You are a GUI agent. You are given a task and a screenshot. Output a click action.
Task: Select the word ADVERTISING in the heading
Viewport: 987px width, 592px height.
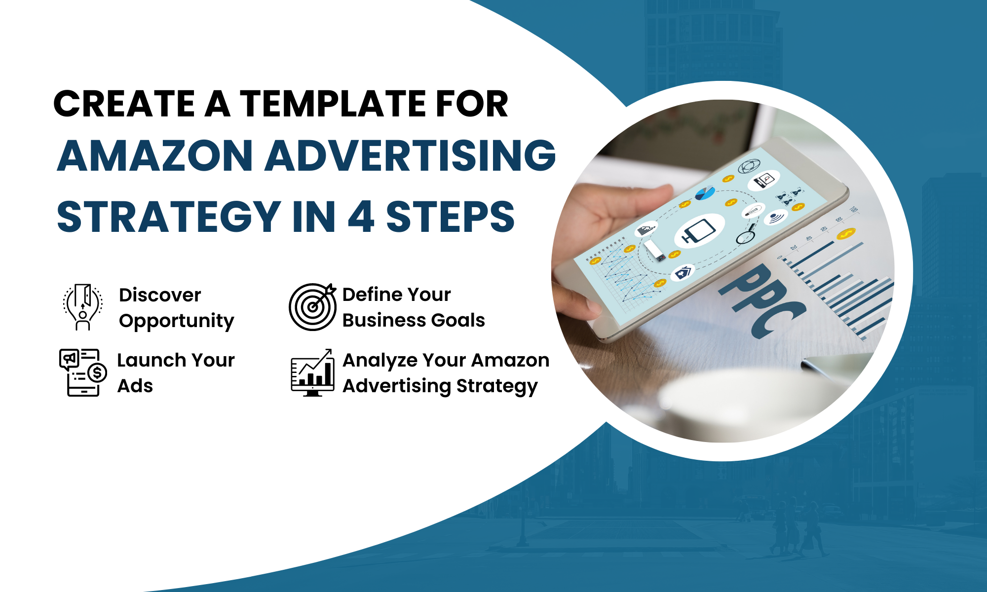point(411,156)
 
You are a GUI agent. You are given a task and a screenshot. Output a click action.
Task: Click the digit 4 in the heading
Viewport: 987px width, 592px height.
point(361,217)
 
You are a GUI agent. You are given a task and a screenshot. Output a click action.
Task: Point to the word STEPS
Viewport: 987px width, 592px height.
point(450,217)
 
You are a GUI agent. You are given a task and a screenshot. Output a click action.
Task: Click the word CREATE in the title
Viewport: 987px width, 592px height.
point(124,104)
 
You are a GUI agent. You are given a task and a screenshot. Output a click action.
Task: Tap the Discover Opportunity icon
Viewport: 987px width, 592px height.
point(83,306)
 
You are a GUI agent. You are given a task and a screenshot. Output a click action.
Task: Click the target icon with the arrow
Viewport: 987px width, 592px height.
point(312,306)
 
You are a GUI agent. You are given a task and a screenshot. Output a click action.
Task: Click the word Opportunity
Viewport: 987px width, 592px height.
point(176,321)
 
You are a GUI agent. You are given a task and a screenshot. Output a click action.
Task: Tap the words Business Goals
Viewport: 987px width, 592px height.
point(414,320)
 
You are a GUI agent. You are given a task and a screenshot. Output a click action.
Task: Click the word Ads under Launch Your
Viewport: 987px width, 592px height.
point(135,386)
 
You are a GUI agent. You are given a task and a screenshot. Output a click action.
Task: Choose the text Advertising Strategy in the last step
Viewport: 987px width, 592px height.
point(440,386)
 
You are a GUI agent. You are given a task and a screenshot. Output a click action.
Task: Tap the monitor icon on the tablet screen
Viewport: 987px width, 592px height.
point(699,231)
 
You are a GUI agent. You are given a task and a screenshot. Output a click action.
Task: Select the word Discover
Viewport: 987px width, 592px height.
point(160,295)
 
